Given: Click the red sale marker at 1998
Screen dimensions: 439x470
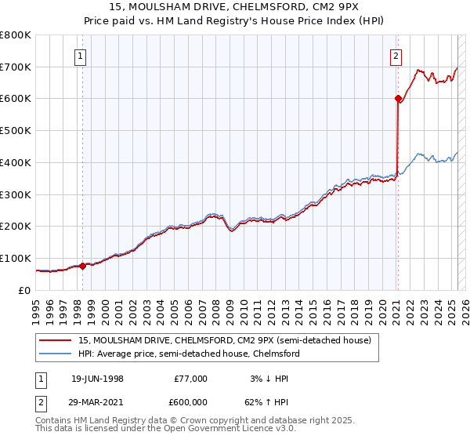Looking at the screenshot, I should click(82, 266).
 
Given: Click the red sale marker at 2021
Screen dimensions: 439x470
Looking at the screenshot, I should click(397, 99).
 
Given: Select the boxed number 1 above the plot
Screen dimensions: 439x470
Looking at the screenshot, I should click(81, 56).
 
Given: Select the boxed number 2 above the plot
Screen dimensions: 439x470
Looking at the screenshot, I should click(396, 56).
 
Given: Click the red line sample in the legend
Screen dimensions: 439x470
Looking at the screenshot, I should click(56, 339).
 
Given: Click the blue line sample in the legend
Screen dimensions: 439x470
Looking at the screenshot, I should click(56, 354).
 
